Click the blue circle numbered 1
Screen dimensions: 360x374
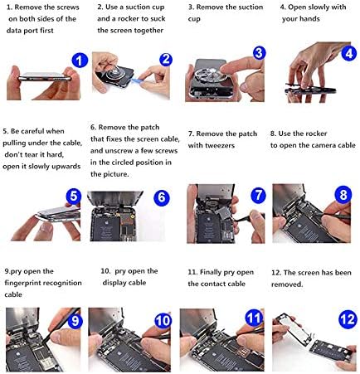pos(80,61)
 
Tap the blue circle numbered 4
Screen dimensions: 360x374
pos(349,53)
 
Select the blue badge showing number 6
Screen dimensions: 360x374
pos(162,197)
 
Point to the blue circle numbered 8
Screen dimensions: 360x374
pos(343,194)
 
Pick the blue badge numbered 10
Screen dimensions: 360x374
pos(163,321)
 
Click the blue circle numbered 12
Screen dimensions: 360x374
pos(348,319)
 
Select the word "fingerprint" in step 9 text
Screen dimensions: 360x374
pos(22,283)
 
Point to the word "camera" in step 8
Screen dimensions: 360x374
pos(313,145)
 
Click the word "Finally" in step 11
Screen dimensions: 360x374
pos(211,273)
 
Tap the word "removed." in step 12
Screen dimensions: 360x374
pos(287,284)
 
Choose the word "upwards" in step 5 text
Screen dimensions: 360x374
pos(66,167)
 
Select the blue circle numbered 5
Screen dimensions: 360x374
pos(74,197)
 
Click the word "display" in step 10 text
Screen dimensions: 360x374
pos(114,283)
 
